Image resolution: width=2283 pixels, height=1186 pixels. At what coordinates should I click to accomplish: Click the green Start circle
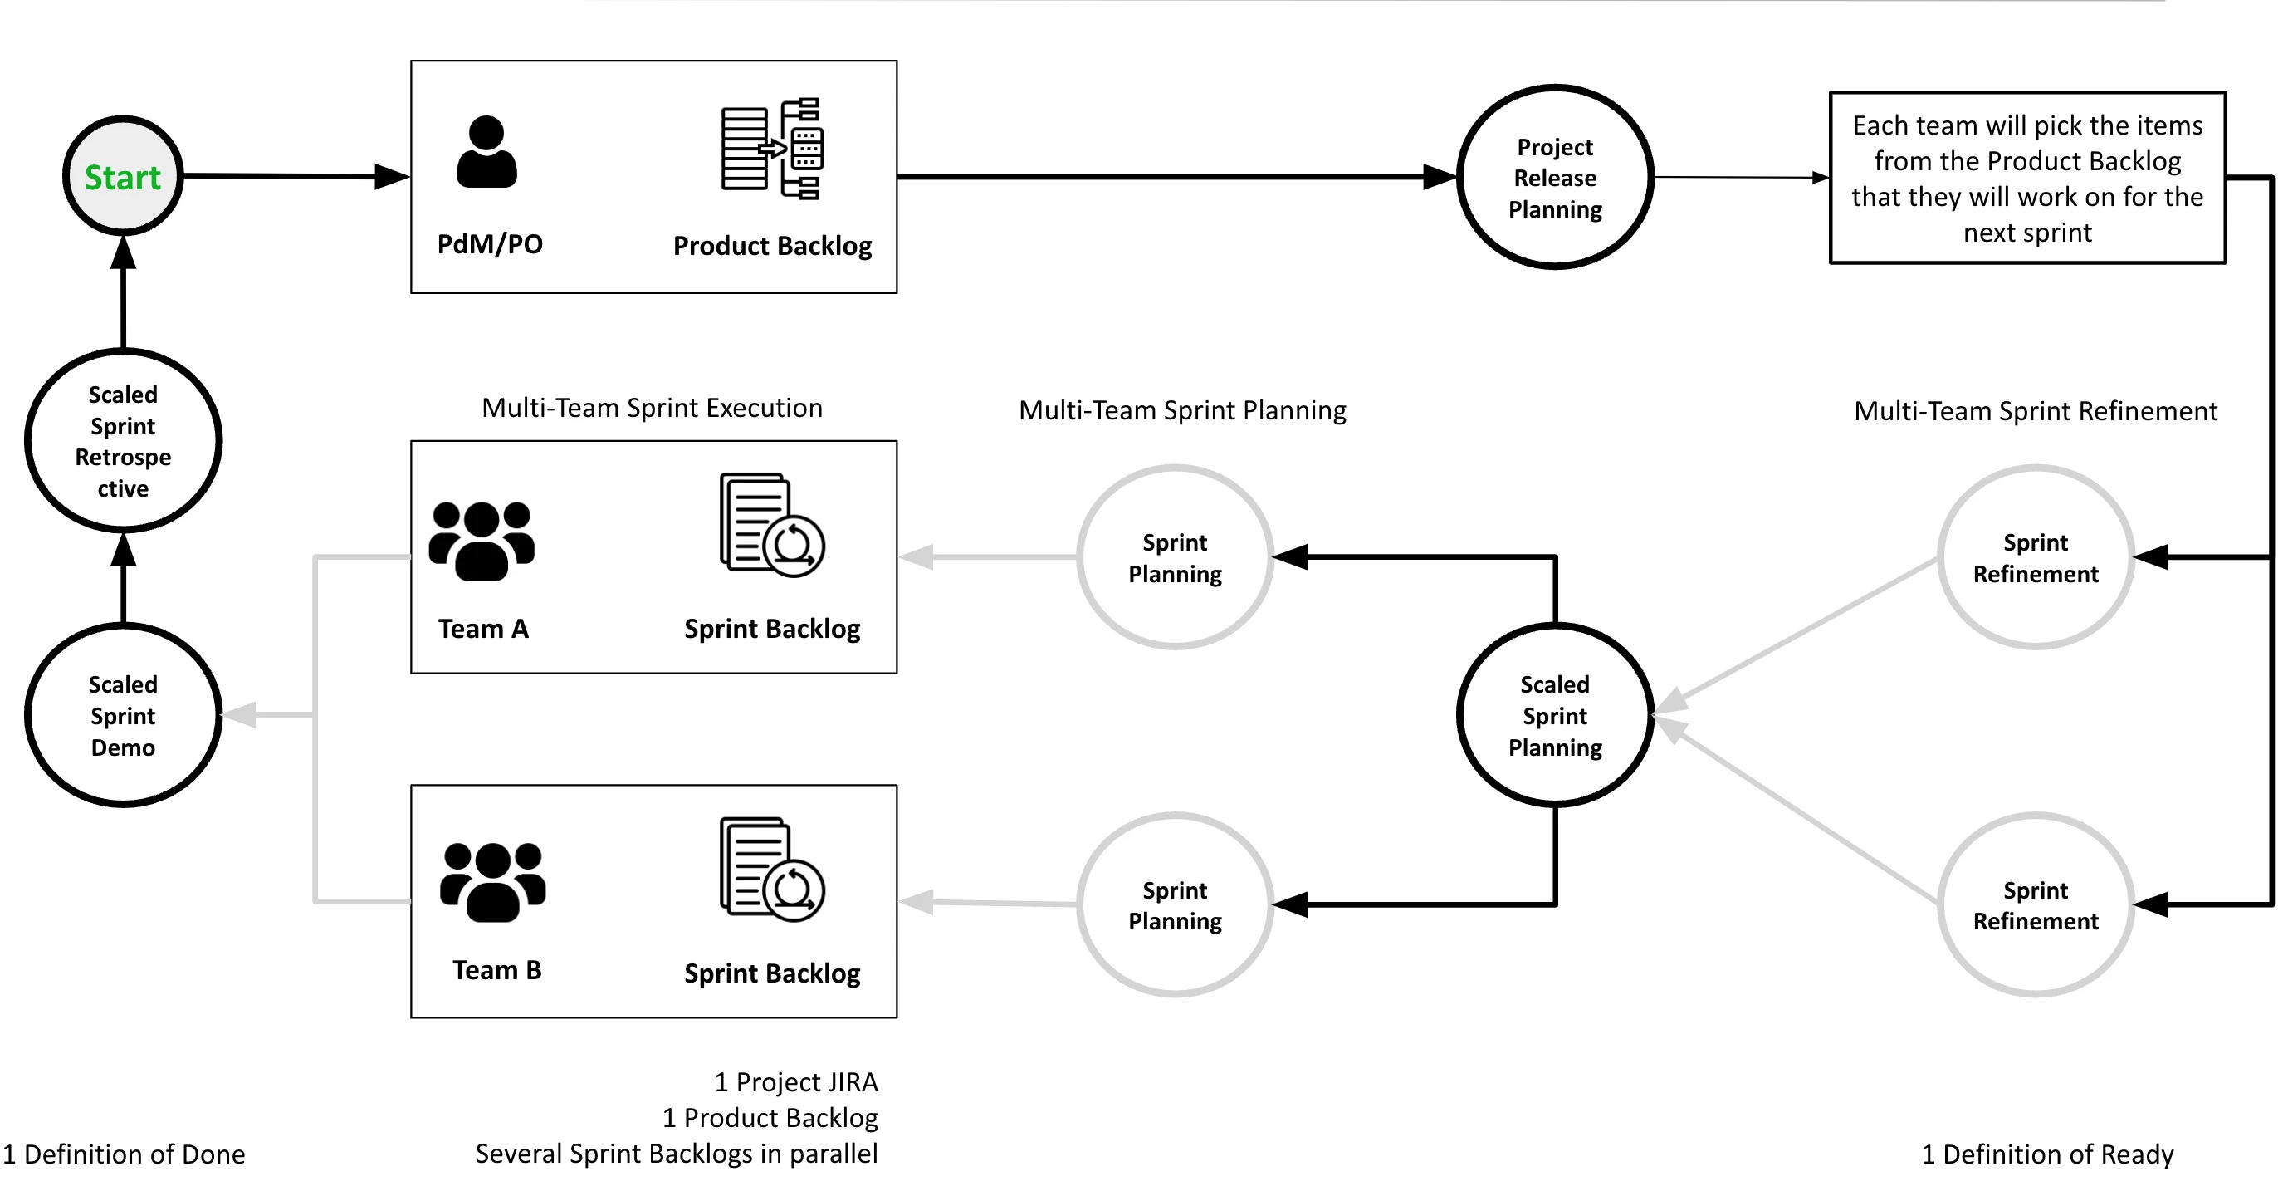click(122, 176)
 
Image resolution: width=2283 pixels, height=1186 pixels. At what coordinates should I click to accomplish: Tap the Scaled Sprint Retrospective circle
click(122, 440)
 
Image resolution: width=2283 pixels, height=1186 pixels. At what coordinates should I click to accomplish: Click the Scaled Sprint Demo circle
click(122, 715)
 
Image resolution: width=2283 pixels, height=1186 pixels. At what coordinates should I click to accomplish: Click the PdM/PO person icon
click(486, 152)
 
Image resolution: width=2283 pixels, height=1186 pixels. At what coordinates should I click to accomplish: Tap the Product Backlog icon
click(772, 148)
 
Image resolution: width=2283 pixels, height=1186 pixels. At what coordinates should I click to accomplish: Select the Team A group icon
click(482, 541)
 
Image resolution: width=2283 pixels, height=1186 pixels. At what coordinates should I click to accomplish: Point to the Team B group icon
click(493, 882)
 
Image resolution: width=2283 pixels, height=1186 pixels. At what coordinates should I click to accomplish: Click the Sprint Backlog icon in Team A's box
click(772, 525)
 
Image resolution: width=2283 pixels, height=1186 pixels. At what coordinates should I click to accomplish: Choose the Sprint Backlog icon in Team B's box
click(772, 870)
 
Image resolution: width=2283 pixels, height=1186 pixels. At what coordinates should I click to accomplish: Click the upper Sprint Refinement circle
click(2035, 557)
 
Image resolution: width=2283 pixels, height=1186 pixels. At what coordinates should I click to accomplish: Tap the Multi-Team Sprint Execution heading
click(652, 408)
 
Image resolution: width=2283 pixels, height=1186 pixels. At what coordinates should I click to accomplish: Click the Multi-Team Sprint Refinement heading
click(2035, 411)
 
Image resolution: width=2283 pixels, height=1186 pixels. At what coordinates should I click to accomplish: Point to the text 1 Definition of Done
click(124, 1154)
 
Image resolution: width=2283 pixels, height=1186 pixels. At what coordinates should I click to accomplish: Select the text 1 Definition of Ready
click(2047, 1154)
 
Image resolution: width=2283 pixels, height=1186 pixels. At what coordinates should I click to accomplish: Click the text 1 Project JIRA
click(796, 1082)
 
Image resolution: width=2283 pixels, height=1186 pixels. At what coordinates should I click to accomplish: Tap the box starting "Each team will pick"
click(2028, 177)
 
